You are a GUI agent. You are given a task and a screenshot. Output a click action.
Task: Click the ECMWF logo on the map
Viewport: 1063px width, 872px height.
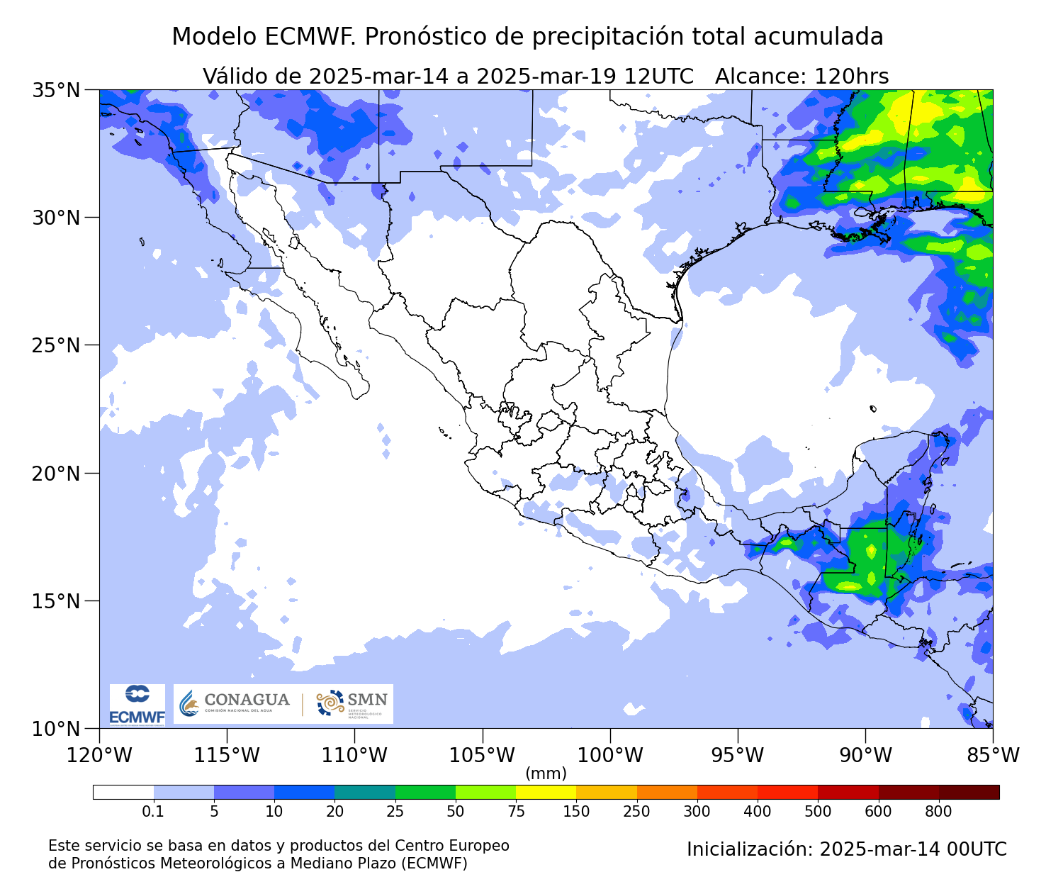pyautogui.click(x=137, y=704)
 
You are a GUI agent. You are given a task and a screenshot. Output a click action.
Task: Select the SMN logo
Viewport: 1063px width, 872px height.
pyautogui.click(x=352, y=703)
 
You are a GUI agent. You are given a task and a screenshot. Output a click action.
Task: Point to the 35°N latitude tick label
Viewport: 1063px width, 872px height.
pyautogui.click(x=56, y=90)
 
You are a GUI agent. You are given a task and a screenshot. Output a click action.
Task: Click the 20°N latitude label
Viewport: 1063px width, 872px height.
pyautogui.click(x=56, y=473)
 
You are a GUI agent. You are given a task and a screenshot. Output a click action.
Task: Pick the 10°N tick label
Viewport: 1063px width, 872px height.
pyautogui.click(x=56, y=729)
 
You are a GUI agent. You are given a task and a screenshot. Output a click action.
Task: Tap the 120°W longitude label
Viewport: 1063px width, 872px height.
pyautogui.click(x=99, y=755)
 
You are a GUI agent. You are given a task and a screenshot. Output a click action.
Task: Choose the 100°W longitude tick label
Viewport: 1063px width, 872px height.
pyautogui.click(x=610, y=755)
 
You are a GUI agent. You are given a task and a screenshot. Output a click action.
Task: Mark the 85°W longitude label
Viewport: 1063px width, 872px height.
pyautogui.click(x=992, y=755)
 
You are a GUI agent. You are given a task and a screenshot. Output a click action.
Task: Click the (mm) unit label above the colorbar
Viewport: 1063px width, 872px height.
pyautogui.click(x=546, y=773)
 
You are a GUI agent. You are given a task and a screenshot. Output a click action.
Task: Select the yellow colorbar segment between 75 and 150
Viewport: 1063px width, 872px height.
pyautogui.click(x=546, y=792)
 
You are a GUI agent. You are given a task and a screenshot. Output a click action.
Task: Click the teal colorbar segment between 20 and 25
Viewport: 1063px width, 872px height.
pyautogui.click(x=364, y=792)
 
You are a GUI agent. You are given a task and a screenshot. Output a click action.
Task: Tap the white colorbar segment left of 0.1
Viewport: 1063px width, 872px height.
pyautogui.click(x=123, y=792)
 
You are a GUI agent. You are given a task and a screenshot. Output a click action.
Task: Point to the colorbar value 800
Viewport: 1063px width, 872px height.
pyautogui.click(x=939, y=812)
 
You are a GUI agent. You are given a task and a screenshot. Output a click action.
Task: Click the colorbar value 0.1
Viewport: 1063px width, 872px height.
pyautogui.click(x=153, y=812)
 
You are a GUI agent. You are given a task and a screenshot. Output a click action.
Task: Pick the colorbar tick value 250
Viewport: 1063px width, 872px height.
pyautogui.click(x=636, y=812)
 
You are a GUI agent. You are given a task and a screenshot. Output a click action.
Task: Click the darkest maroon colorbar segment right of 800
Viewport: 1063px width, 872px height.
pyautogui.click(x=969, y=792)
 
